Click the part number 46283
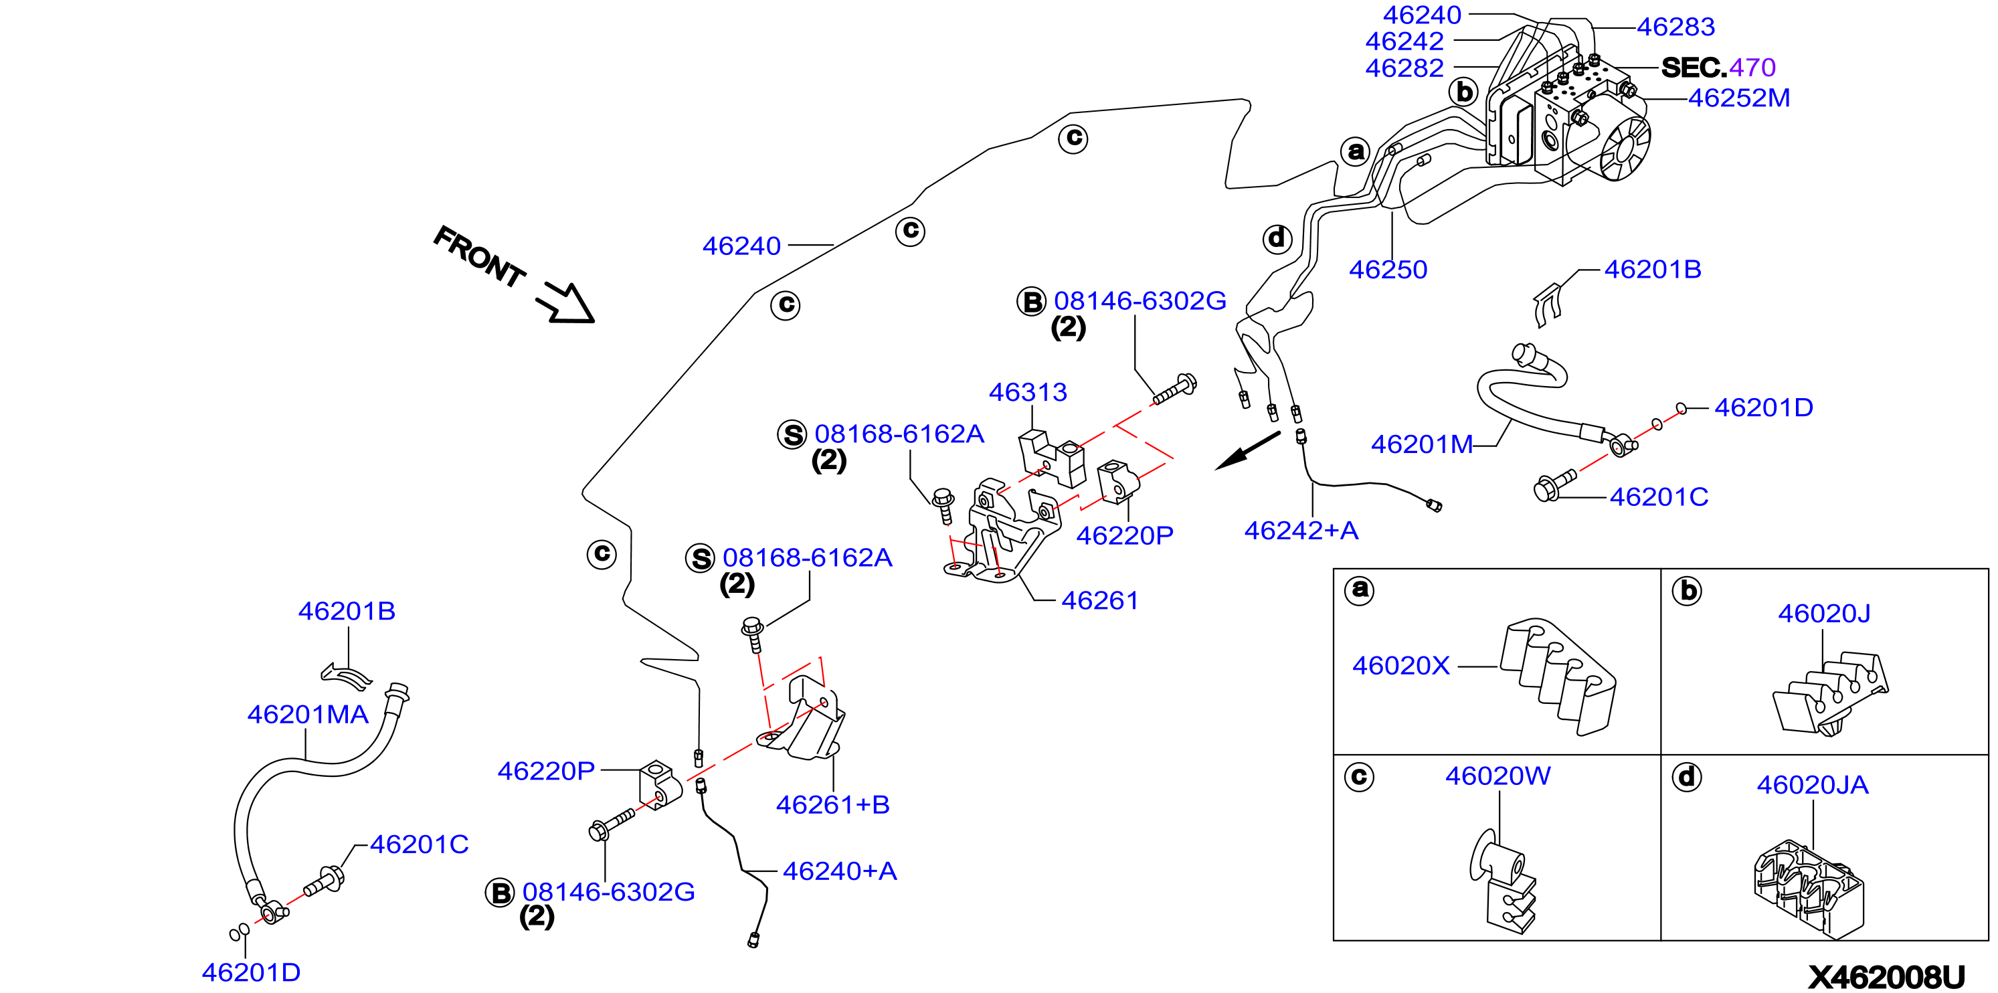pyautogui.click(x=1675, y=27)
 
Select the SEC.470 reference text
pyautogui.click(x=1718, y=68)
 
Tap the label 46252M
pyautogui.click(x=1738, y=98)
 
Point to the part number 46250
pyautogui.click(x=1388, y=269)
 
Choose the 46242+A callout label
pyautogui.click(x=1301, y=531)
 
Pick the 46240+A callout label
pyautogui.click(x=839, y=871)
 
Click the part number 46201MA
pyautogui.click(x=307, y=715)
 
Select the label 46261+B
pyautogui.click(x=832, y=804)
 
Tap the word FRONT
pyautogui.click(x=478, y=256)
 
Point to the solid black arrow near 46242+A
pyautogui.click(x=1247, y=451)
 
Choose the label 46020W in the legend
pyautogui.click(x=1497, y=776)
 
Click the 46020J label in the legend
pyautogui.click(x=1823, y=614)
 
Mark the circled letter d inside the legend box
pyautogui.click(x=1686, y=777)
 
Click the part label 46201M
pyautogui.click(x=1422, y=444)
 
